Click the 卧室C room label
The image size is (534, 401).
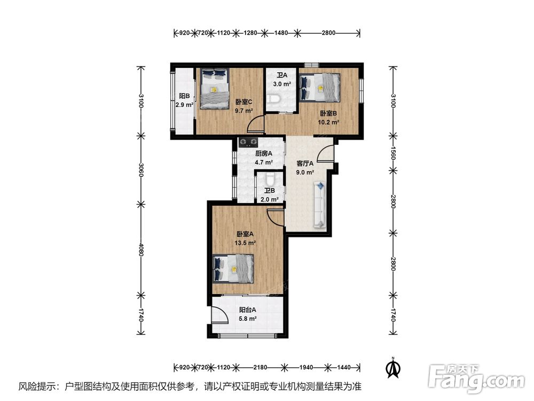click(244, 102)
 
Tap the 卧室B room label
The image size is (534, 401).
click(328, 113)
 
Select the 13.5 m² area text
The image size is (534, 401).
click(245, 243)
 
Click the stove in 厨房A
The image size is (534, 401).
click(248, 142)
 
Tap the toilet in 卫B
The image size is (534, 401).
click(270, 179)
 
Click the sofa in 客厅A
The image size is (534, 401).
click(320, 205)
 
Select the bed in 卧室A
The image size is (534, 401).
click(234, 268)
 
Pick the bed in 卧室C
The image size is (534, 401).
click(215, 89)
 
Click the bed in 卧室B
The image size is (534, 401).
click(320, 88)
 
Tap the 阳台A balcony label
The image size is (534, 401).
click(248, 310)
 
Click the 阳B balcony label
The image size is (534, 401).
click(185, 96)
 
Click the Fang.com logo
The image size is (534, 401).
click(476, 378)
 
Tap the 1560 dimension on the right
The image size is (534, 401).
click(392, 152)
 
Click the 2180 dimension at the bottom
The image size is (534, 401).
click(260, 367)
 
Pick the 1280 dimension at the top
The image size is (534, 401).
click(250, 33)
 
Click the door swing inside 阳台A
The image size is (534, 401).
click(219, 314)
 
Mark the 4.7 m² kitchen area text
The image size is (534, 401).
click(264, 163)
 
